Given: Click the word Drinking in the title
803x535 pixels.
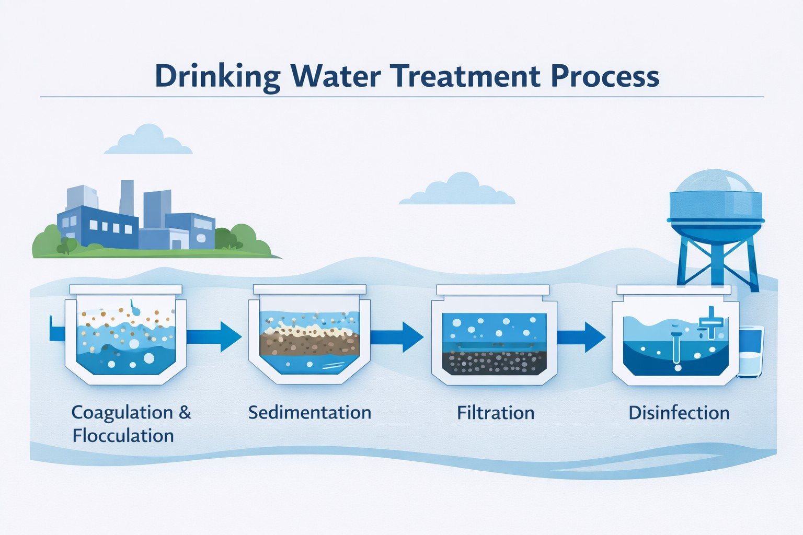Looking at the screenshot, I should pos(217,77).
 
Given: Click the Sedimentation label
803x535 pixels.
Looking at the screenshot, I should pos(309,412).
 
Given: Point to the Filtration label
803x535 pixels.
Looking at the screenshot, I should pos(496,413).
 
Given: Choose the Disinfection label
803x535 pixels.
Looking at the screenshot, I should pos(679,413).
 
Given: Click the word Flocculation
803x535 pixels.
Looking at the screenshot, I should pos(123,435).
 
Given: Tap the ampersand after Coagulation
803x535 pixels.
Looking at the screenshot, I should pos(185,412).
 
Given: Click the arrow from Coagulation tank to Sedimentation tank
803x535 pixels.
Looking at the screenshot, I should pos(214,336).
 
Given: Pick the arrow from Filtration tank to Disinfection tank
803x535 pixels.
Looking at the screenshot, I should pos(581,337).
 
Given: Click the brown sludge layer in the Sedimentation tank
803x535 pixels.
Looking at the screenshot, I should pos(309,344).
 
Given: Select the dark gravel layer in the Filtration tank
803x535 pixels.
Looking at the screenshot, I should pos(494,362).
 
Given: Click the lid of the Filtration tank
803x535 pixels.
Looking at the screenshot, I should pos(492,290).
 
